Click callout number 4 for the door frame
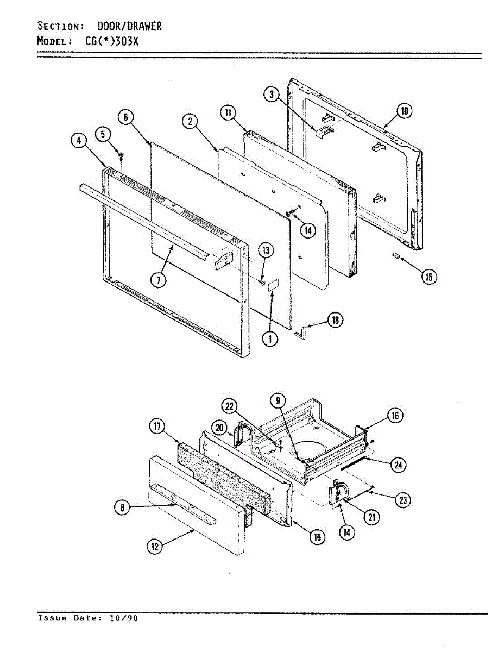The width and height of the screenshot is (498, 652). pyautogui.click(x=79, y=141)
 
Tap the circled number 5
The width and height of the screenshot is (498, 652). pyautogui.click(x=103, y=133)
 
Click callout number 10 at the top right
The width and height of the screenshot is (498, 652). pyautogui.click(x=404, y=112)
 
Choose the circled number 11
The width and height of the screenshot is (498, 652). pyautogui.click(x=228, y=113)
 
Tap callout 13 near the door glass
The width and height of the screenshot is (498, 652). pyautogui.click(x=266, y=250)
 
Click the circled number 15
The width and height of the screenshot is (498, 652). pyautogui.click(x=429, y=277)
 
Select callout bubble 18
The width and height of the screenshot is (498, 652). pyautogui.click(x=336, y=321)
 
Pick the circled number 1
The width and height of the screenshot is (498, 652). pyautogui.click(x=269, y=339)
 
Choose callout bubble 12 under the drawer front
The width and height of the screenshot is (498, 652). pyautogui.click(x=155, y=547)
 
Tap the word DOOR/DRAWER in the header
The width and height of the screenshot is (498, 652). pyautogui.click(x=129, y=26)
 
